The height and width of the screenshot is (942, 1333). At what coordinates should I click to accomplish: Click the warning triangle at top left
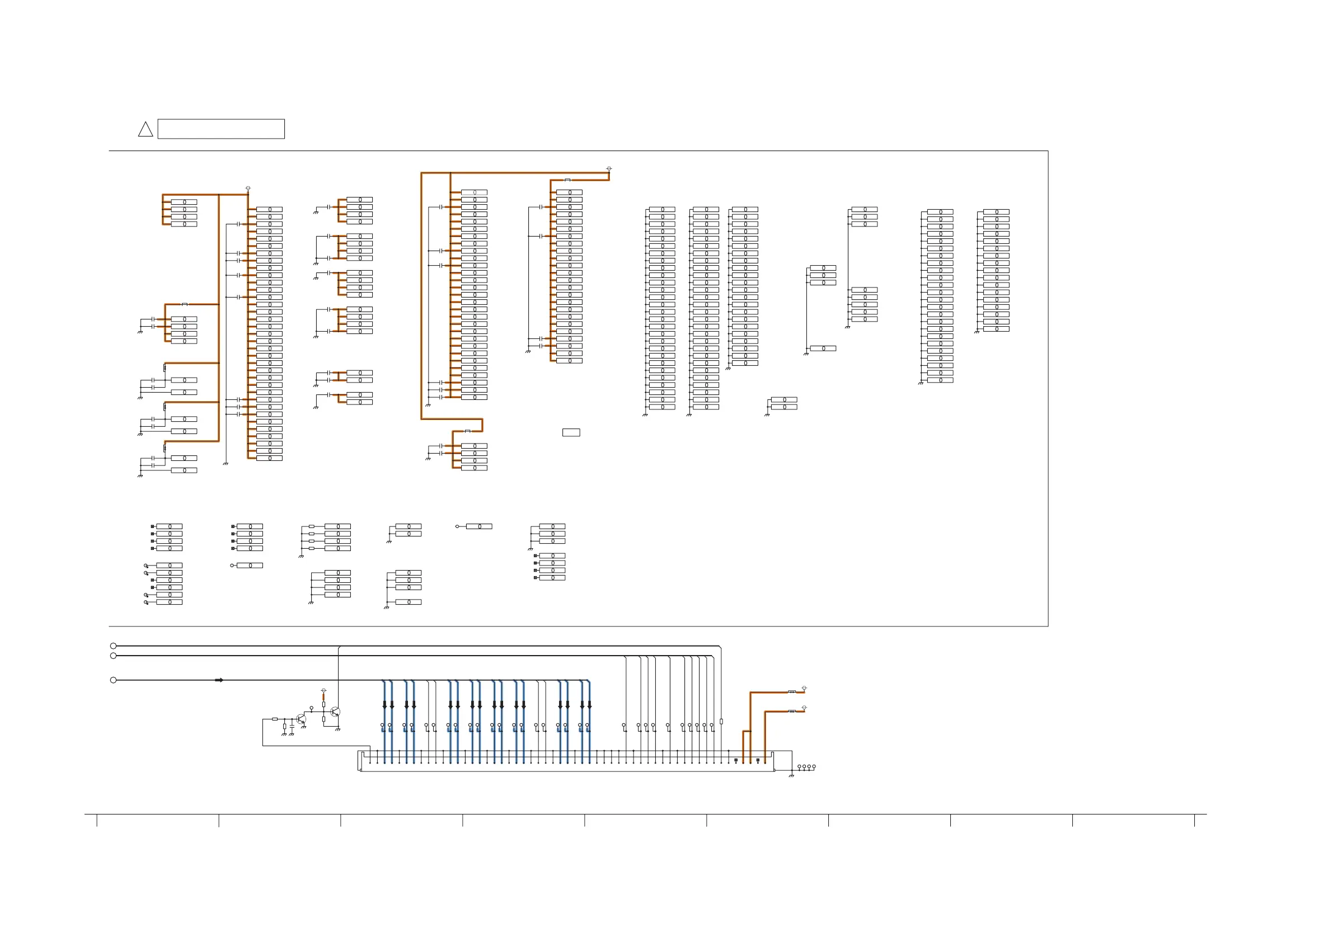145,130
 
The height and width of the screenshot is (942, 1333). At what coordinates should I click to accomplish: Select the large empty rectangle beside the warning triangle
221,129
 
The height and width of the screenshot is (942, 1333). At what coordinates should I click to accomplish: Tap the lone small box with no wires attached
571,432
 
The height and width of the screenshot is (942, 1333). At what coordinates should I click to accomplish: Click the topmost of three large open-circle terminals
113,646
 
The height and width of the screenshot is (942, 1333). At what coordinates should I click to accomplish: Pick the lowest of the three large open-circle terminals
113,680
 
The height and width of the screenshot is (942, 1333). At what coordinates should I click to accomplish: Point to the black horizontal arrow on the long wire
219,680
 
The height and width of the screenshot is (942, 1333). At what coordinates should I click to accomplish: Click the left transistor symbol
301,719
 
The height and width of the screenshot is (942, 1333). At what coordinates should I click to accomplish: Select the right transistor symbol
335,712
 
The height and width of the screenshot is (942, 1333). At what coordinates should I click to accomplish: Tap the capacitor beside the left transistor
292,726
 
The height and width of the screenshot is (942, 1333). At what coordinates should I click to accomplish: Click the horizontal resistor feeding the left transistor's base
275,719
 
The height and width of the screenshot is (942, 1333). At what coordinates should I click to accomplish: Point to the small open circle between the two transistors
312,708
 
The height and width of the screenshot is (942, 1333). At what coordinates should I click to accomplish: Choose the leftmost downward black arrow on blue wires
384,705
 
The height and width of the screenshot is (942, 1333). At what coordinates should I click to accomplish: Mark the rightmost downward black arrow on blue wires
589,705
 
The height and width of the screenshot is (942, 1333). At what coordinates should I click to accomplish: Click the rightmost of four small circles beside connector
814,767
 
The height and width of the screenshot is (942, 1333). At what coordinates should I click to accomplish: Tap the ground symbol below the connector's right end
791,776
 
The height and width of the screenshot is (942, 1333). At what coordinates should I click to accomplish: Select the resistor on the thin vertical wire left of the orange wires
721,722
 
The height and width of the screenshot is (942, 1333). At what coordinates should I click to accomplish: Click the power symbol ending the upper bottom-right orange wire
804,688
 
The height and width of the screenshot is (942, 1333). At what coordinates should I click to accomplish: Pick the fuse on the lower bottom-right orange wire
792,711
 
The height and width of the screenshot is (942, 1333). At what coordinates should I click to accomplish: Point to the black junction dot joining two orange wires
750,731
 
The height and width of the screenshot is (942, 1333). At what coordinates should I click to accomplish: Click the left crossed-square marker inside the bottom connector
735,760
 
